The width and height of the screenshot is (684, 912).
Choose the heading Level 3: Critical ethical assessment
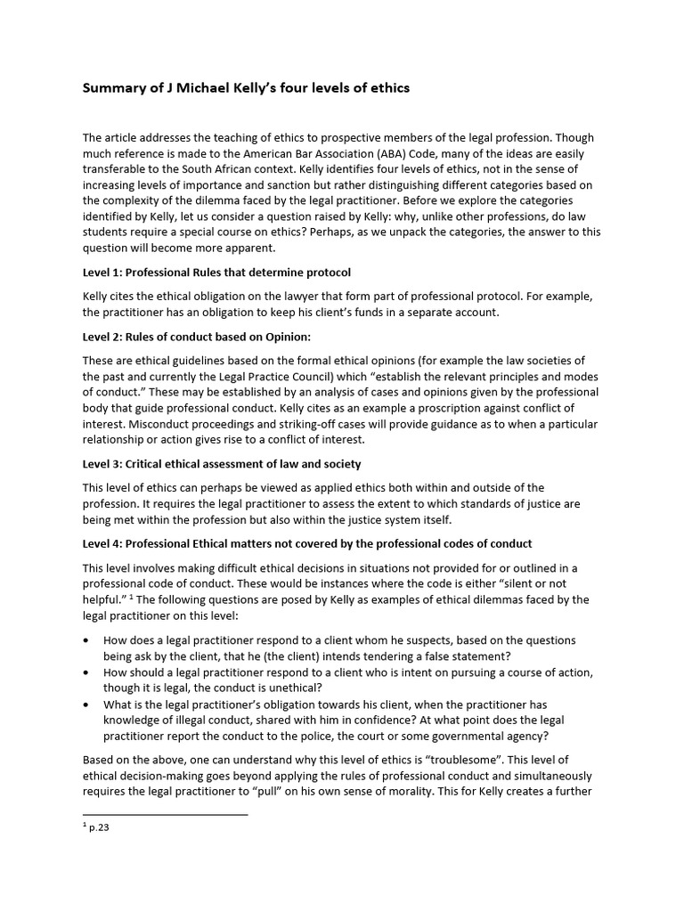(x=222, y=464)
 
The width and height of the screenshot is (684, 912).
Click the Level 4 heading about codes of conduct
(x=307, y=543)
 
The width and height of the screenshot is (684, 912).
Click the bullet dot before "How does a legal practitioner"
(x=85, y=640)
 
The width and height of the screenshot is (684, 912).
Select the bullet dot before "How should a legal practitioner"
(x=85, y=672)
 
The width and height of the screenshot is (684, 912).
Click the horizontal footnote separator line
(x=165, y=814)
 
